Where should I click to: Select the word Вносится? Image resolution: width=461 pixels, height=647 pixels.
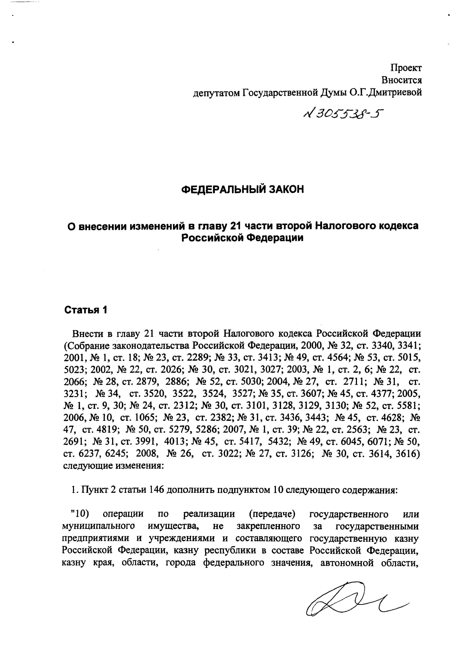coord(401,80)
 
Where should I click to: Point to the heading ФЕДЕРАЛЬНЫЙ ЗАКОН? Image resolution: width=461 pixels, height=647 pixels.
coord(242,189)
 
